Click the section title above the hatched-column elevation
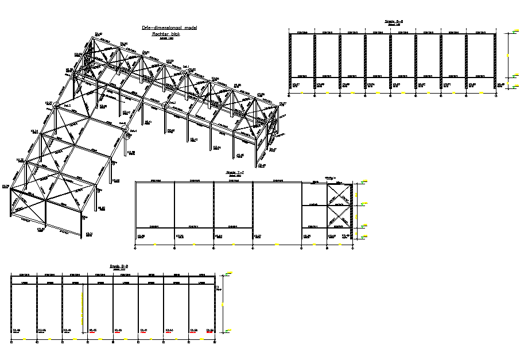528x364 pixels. [394, 21]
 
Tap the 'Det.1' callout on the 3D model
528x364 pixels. [186, 67]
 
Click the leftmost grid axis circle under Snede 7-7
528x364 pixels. [135, 248]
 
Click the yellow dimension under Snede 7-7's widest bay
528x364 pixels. [277, 245]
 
